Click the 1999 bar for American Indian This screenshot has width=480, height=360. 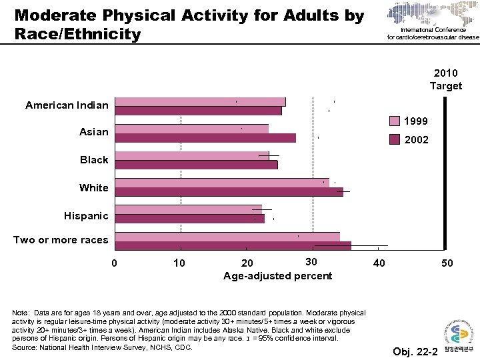pyautogui.click(x=200, y=101)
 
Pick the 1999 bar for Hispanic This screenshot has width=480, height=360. pyautogui.click(x=188, y=209)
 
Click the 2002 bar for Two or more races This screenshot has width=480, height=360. pyautogui.click(x=233, y=246)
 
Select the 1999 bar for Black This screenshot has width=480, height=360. pyautogui.click(x=191, y=155)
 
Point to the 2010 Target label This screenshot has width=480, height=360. pyautogui.click(x=445, y=79)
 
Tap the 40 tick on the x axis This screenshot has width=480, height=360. pyautogui.click(x=379, y=263)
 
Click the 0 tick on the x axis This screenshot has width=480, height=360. pyautogui.click(x=114, y=263)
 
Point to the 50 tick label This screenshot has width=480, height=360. pyautogui.click(x=447, y=263)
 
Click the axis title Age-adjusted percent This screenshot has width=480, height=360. pyautogui.click(x=277, y=276)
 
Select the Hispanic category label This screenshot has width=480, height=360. pyautogui.click(x=85, y=216)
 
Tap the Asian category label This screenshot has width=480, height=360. pyautogui.click(x=93, y=132)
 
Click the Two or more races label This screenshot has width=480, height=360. pyautogui.click(x=60, y=240)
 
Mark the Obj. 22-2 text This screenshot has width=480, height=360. pyautogui.click(x=414, y=351)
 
